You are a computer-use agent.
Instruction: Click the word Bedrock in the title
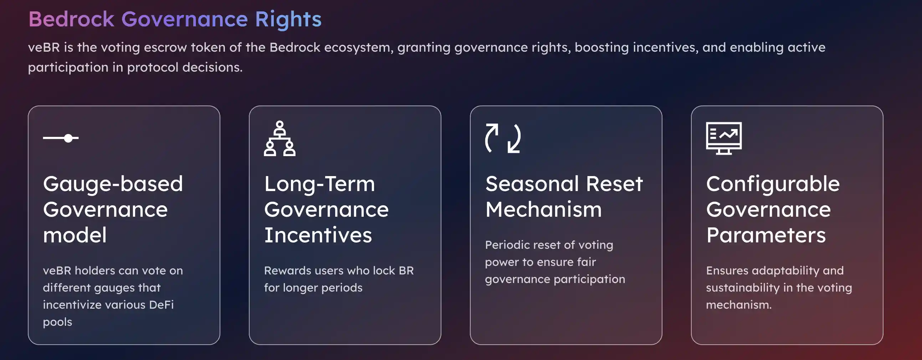[x=71, y=19]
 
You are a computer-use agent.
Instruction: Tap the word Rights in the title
[x=288, y=19]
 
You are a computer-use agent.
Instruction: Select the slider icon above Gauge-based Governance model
[x=61, y=138]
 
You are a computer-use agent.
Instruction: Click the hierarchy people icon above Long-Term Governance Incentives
[x=280, y=139]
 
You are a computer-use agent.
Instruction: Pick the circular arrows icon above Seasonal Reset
[x=503, y=138]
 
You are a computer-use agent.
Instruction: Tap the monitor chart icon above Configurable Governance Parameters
[x=724, y=138]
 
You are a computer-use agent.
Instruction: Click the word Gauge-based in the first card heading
[x=113, y=184]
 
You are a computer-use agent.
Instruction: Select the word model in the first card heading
[x=75, y=235]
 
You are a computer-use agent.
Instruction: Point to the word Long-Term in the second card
[x=319, y=184]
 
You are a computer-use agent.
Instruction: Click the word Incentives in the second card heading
[x=318, y=235]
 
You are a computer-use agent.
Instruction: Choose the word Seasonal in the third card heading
[x=532, y=184]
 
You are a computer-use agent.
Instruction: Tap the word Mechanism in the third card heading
[x=544, y=209]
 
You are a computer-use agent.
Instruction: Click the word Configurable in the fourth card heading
[x=773, y=184]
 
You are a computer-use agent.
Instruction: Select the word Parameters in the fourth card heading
[x=766, y=235]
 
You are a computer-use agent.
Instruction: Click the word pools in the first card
[x=58, y=322]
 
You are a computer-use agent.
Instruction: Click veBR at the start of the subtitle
[x=43, y=47]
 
